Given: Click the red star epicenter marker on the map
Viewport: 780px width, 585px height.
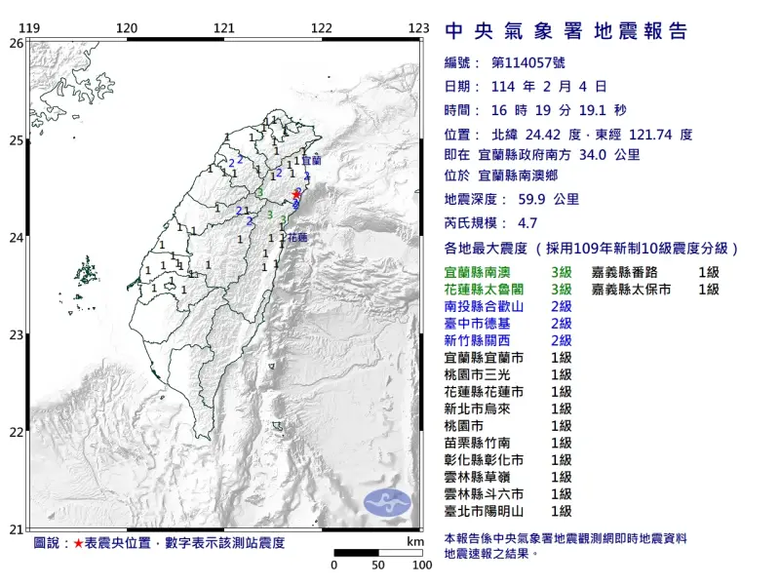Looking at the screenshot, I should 296,195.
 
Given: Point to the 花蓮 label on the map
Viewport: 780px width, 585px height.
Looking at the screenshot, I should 298,237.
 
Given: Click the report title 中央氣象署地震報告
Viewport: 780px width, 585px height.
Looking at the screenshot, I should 565,32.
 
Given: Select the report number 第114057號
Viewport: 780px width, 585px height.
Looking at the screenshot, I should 527,63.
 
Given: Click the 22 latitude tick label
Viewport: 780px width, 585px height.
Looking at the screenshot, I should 17,432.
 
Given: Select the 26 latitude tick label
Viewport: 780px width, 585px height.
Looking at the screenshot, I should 17,43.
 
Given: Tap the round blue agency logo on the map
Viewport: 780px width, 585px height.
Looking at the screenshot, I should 388,503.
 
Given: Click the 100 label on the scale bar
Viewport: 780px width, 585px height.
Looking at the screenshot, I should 422,565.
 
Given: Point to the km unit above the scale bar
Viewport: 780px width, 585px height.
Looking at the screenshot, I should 415,541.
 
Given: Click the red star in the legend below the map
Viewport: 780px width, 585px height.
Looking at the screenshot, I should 79,542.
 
